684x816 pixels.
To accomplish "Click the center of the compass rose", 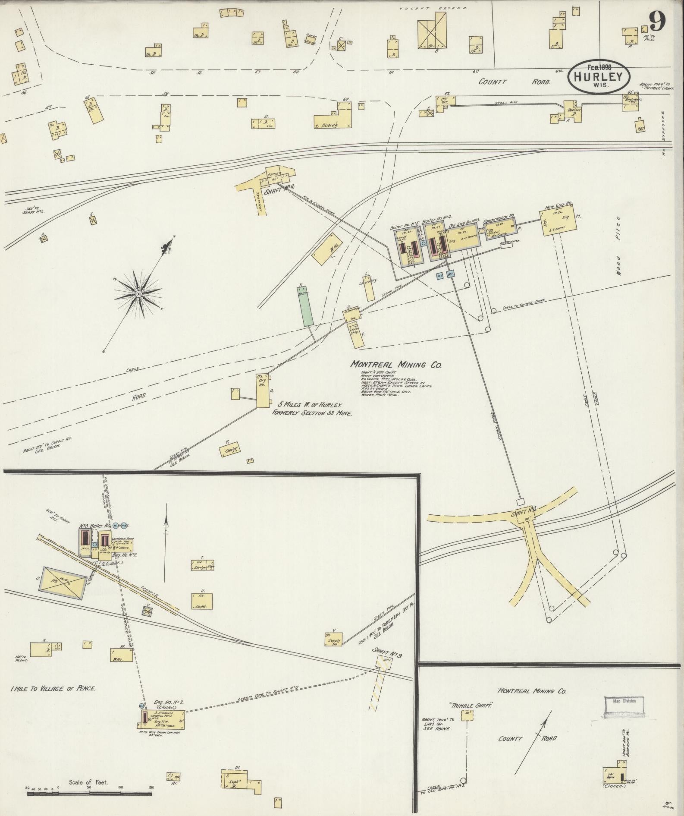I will [x=138, y=294].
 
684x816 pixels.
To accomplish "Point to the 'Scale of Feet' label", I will [x=89, y=782].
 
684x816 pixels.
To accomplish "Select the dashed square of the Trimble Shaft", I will [x=467, y=715].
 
